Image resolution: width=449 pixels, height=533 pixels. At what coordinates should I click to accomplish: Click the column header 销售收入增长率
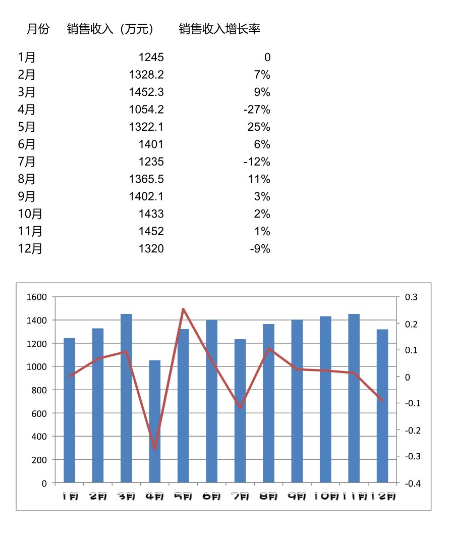[x=219, y=29]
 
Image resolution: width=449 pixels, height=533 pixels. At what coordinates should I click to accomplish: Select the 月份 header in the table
[x=38, y=29]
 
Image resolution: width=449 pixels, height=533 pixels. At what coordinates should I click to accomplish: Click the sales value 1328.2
[x=146, y=75]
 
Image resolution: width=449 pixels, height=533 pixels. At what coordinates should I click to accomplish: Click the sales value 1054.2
[x=146, y=110]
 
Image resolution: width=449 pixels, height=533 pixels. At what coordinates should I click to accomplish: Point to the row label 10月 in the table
[x=30, y=214]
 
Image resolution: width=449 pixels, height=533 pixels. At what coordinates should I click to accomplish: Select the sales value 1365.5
[x=146, y=179]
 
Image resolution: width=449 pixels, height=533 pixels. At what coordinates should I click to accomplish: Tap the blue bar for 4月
[x=155, y=421]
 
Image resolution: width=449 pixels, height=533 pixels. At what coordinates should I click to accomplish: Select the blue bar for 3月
[x=126, y=399]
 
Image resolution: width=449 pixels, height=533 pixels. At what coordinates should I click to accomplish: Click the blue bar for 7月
[x=240, y=411]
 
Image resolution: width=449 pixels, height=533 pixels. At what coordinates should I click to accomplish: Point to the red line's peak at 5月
[x=183, y=309]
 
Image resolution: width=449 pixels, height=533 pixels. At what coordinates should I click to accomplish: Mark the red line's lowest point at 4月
[x=155, y=449]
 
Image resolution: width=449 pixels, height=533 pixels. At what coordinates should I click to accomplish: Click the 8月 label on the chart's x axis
[x=268, y=497]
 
